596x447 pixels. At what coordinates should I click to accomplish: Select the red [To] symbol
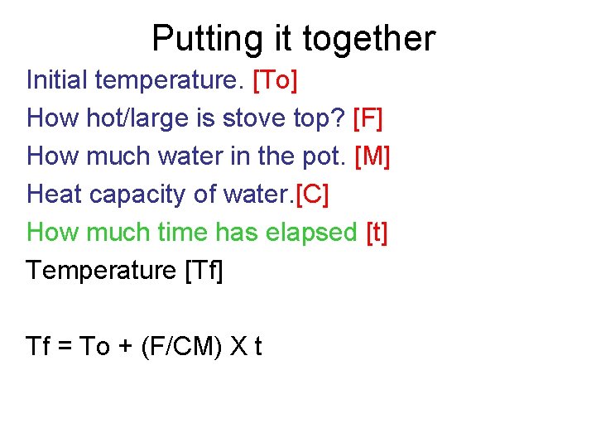(x=276, y=80)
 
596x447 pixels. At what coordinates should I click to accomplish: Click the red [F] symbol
(x=368, y=118)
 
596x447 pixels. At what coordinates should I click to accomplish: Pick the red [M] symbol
(x=372, y=156)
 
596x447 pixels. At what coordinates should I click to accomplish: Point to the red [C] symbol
(x=312, y=195)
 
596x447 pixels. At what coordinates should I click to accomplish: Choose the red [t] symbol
(x=377, y=233)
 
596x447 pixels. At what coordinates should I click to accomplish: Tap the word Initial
(x=57, y=80)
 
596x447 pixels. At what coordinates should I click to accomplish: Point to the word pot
(x=327, y=156)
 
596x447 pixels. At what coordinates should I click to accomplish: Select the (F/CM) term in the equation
(x=180, y=346)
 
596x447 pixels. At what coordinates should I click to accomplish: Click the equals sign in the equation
(x=66, y=347)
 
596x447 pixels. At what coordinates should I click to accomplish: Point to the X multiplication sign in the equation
(x=238, y=346)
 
